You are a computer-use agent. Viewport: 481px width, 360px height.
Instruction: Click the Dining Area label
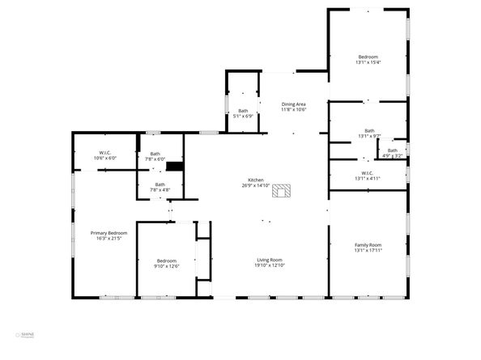click(293, 104)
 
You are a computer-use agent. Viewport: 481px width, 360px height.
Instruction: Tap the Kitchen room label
click(256, 180)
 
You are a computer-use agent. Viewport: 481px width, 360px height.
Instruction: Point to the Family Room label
click(368, 245)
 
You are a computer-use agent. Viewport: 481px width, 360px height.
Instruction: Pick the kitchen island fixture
click(282, 192)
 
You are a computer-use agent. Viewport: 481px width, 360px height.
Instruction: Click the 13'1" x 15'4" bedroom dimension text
click(368, 62)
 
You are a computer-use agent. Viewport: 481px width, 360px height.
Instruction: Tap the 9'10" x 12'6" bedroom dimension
click(167, 266)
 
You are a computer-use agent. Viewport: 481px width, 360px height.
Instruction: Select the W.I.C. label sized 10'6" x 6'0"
click(105, 159)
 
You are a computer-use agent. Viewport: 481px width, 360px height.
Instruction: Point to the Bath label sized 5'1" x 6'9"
click(243, 116)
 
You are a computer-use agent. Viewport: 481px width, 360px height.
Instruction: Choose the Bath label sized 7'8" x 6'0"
click(155, 159)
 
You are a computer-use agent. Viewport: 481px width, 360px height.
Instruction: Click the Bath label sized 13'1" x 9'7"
click(369, 135)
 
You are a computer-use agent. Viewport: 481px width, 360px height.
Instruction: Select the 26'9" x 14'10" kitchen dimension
click(256, 185)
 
